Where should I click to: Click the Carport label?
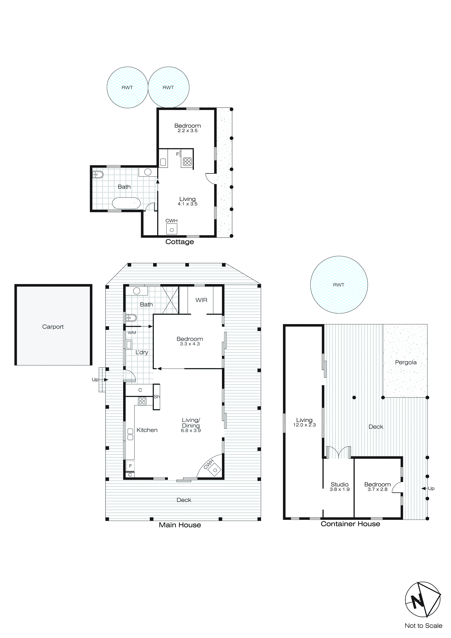click(x=53, y=327)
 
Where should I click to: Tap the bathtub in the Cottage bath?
click(x=126, y=203)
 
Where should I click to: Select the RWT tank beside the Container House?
click(x=339, y=285)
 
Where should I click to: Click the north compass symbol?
click(x=423, y=599)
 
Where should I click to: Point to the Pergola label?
click(x=406, y=362)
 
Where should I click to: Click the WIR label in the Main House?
click(x=201, y=300)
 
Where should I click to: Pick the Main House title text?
click(x=180, y=525)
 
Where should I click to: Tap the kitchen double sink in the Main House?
click(x=130, y=434)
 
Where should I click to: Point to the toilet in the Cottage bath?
click(x=98, y=174)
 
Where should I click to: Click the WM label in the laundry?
click(x=132, y=333)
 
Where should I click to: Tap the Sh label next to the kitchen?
click(x=157, y=397)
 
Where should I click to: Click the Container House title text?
click(x=350, y=524)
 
